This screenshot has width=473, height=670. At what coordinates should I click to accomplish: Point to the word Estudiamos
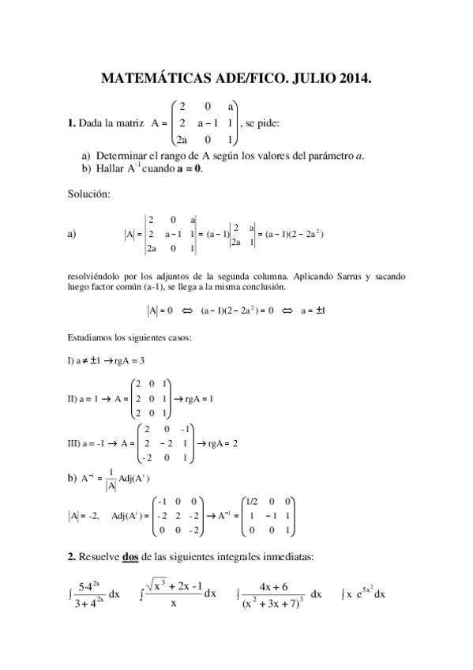(92, 337)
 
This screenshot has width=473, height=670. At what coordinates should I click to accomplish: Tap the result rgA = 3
(126, 360)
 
